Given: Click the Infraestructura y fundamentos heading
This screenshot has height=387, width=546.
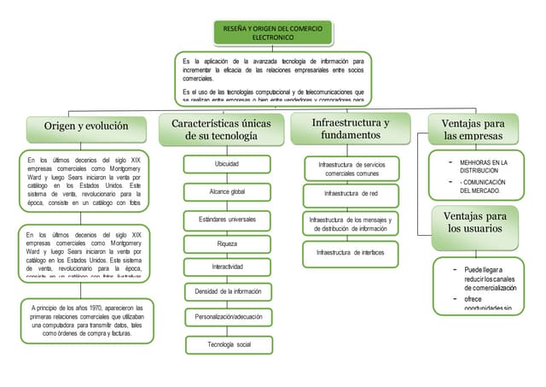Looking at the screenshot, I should point(351,128).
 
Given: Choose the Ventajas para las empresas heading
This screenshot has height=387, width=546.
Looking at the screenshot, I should point(473,130).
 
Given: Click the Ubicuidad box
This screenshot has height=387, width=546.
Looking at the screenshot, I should point(227,163).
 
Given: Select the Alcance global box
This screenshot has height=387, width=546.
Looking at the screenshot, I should point(227,191).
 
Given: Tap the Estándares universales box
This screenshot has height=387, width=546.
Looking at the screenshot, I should point(227,219).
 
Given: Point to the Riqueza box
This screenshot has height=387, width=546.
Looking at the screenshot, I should point(227,243).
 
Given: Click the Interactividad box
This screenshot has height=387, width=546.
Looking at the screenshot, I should point(227,267).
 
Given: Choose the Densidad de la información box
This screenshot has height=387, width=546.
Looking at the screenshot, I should point(227,291).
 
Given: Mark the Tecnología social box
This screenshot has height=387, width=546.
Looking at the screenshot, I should point(227,344).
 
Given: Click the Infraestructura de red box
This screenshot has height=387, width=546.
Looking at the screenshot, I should point(351,194).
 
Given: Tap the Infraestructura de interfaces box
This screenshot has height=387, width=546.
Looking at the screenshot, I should point(351,253).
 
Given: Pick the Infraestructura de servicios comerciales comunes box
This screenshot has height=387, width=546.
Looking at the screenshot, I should point(351,167).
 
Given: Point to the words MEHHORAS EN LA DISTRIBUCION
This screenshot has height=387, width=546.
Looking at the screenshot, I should point(483,165).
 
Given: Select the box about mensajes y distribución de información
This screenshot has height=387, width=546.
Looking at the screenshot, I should point(351,224).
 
